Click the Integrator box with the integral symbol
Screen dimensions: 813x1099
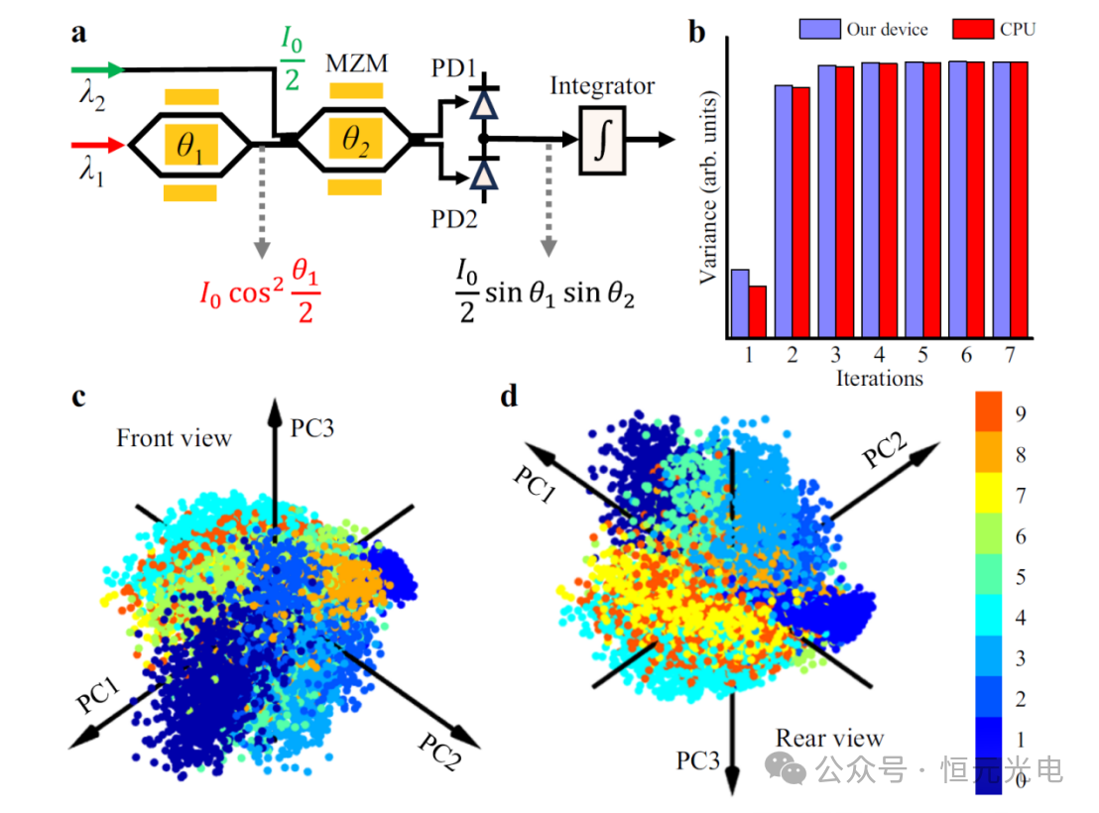[x=602, y=141]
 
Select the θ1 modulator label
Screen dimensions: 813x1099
[x=189, y=145]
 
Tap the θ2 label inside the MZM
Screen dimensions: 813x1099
[x=354, y=142]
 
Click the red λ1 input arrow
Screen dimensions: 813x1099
[x=100, y=146]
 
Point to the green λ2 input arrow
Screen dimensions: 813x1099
[x=100, y=69]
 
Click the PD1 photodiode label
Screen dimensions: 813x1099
[x=455, y=70]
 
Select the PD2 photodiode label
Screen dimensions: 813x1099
[x=455, y=218]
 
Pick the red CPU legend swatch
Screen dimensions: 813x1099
[x=973, y=30]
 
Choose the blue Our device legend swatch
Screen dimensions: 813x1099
[x=819, y=30]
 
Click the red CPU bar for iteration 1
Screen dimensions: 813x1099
[x=758, y=311]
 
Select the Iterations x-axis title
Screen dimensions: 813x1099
[x=879, y=378]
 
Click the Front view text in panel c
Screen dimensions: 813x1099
[x=175, y=437]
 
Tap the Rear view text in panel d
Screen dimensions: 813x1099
[x=829, y=738]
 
